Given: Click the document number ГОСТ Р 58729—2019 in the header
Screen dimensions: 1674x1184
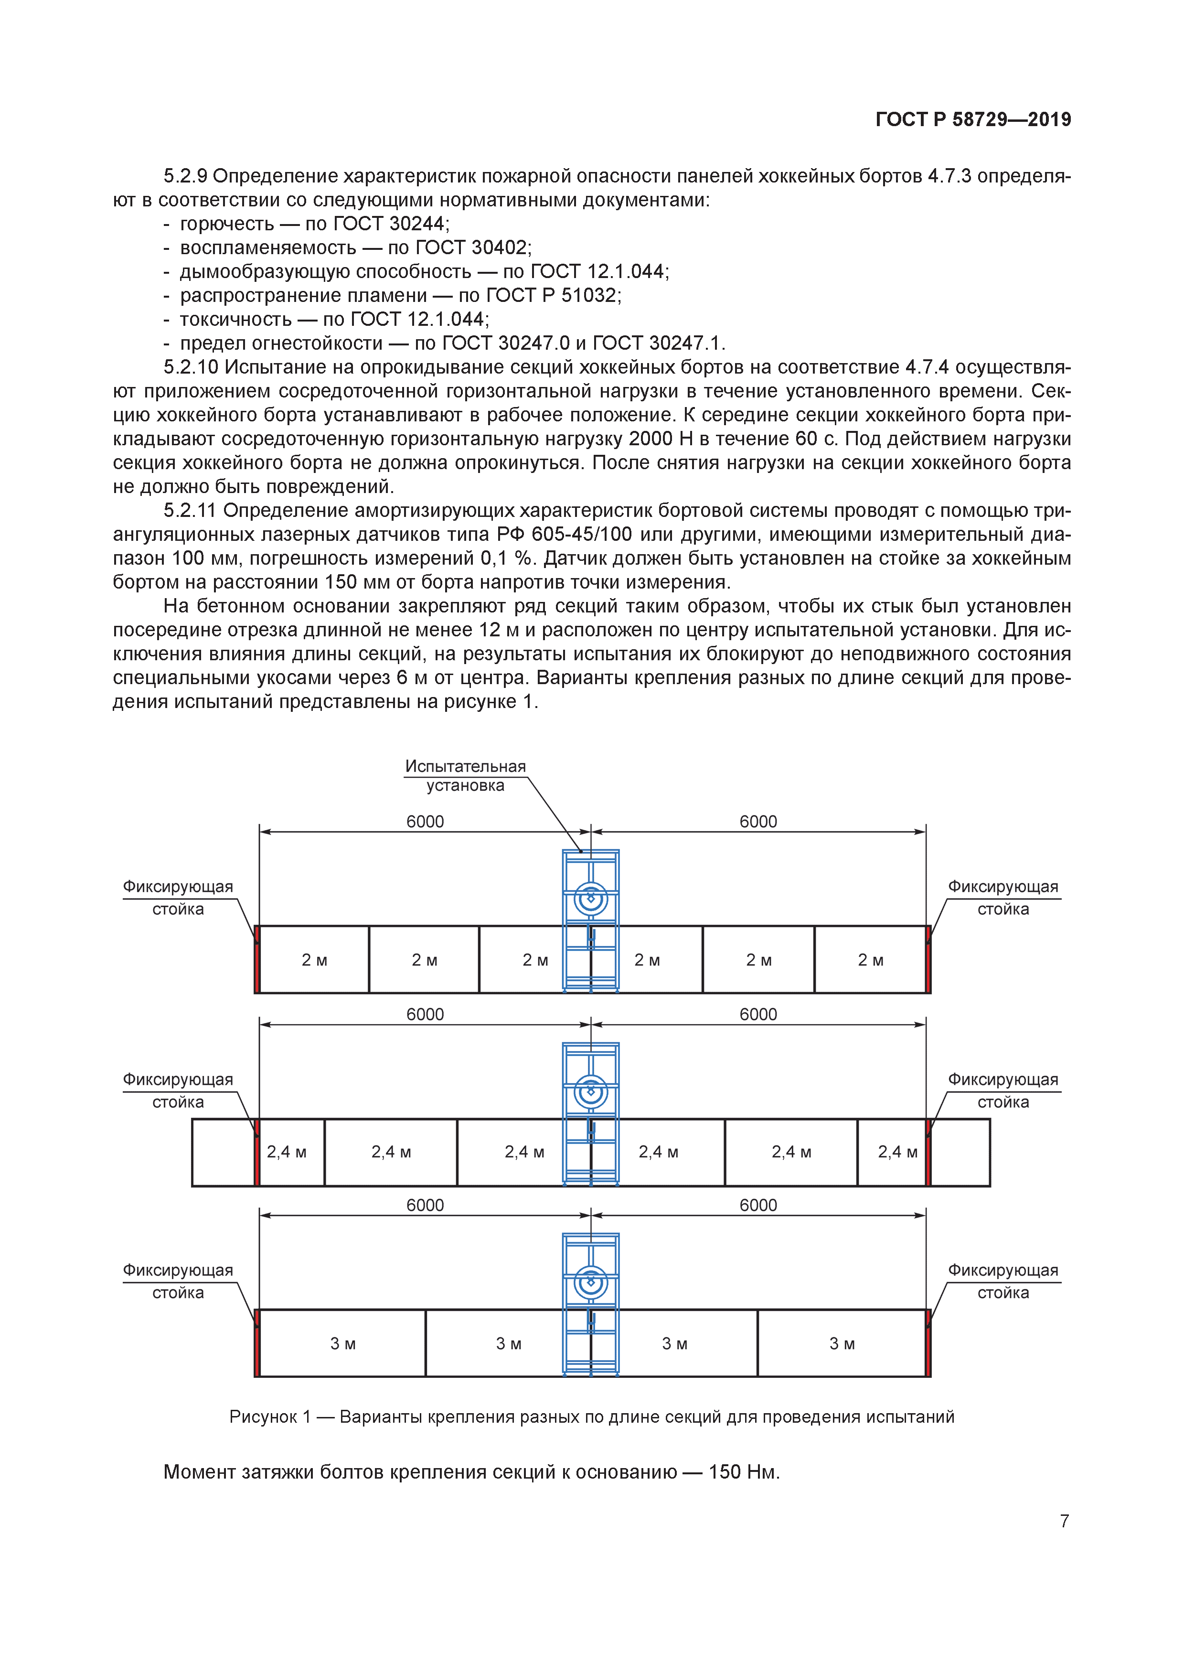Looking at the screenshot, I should [x=972, y=119].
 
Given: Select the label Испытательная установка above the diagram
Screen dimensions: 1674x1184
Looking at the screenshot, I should [x=465, y=776].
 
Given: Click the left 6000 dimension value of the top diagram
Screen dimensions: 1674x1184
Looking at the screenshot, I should [x=425, y=822].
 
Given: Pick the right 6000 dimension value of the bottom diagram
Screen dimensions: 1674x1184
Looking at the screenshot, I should [x=758, y=1205].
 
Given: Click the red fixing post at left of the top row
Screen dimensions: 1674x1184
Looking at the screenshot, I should [x=256, y=959].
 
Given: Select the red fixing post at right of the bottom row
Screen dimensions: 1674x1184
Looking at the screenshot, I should [x=928, y=1342].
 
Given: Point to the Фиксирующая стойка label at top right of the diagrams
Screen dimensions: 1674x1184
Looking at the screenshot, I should [x=1003, y=898].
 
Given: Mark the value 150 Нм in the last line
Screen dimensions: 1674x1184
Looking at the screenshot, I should [x=744, y=1471].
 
